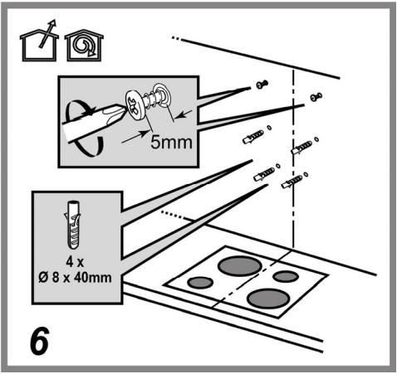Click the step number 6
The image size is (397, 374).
coord(40,341)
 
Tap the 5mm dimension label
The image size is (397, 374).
coord(171,143)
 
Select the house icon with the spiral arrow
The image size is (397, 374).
coord(84,46)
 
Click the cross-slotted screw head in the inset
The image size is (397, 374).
coord(135,105)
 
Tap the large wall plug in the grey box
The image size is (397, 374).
coord(73,225)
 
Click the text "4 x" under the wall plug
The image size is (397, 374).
coord(75,262)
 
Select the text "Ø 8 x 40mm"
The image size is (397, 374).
coord(75,278)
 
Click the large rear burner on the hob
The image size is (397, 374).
coord(240,265)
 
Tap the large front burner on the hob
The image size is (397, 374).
coord(268,299)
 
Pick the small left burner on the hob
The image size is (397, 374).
coord(200,282)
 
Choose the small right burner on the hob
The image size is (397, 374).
coord(286,277)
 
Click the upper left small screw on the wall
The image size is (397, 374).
coord(262,84)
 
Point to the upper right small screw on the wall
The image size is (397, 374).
coord(316,96)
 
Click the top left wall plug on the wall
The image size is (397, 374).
coord(253,137)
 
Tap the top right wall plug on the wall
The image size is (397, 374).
coord(301,148)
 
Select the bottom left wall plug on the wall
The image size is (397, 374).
coord(264,174)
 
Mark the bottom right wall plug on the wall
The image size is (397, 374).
coord(292,182)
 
